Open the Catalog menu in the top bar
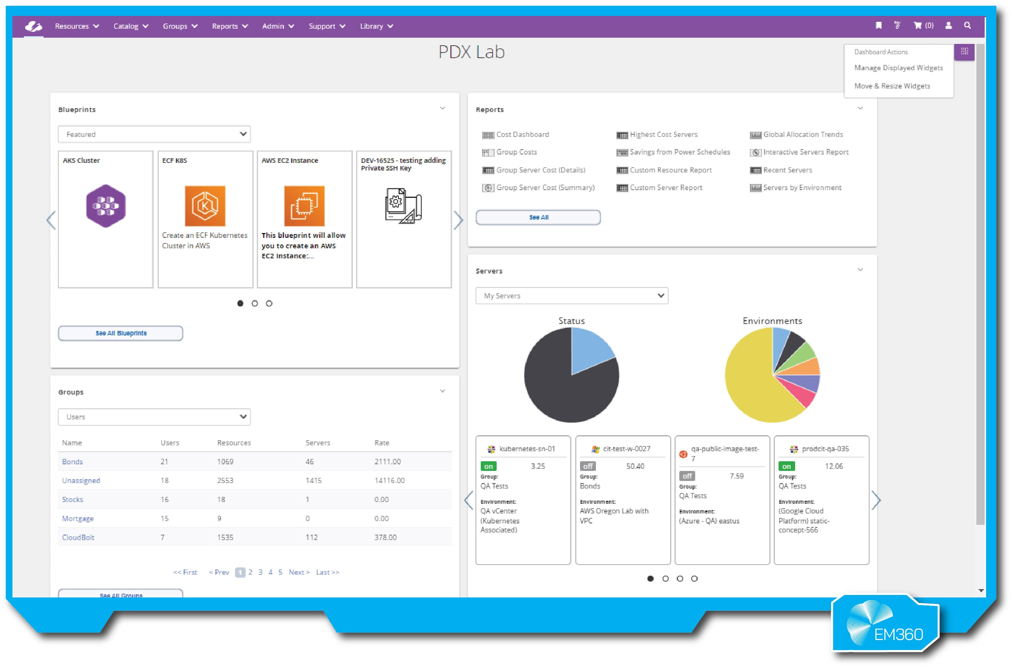130,26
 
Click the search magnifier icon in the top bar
967,26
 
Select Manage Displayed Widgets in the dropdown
898,68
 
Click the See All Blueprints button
121,333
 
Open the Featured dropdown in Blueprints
154,134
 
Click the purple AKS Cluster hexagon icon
106,206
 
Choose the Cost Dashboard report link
522,134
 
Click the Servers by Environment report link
802,188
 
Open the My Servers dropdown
571,296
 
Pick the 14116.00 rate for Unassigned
389,481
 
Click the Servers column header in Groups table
318,443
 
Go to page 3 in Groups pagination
260,572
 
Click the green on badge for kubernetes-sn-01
488,466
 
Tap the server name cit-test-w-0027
626,448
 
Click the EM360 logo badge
885,624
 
